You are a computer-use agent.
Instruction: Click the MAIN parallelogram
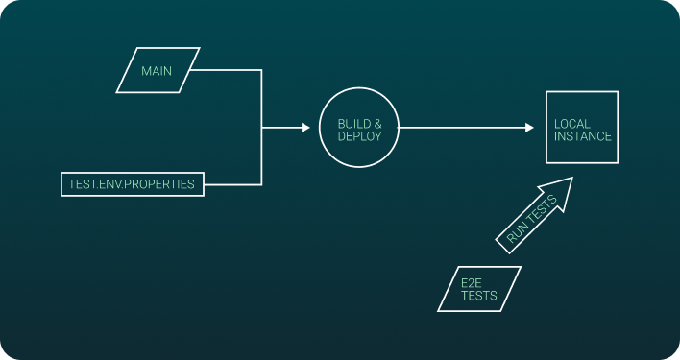point(158,70)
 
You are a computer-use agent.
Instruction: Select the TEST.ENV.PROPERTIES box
point(132,182)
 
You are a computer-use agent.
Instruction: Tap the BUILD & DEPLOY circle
point(359,129)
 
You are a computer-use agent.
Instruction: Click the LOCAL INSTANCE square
point(582,130)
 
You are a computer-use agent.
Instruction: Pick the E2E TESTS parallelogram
point(479,289)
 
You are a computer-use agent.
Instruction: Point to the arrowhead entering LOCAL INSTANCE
point(528,128)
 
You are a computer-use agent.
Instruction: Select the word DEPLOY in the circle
point(360,136)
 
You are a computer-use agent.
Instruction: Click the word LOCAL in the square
point(573,123)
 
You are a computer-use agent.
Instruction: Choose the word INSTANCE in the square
point(582,136)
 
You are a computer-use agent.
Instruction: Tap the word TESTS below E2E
point(479,296)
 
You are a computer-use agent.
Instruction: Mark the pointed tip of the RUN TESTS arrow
point(571,180)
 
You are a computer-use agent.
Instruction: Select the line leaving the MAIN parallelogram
point(231,69)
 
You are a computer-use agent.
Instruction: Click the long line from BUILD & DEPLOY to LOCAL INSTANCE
point(461,128)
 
